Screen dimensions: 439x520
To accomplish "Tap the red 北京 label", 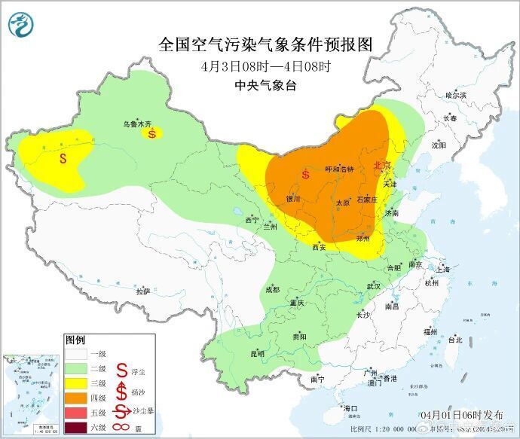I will pyautogui.click(x=383, y=165).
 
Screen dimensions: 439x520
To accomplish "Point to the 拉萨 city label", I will pyautogui.click(x=143, y=291).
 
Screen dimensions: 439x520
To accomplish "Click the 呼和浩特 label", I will pyautogui.click(x=338, y=169).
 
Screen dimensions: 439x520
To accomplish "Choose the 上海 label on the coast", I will pyautogui.click(x=443, y=270).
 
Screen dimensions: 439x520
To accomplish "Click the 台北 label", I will pyautogui.click(x=455, y=340).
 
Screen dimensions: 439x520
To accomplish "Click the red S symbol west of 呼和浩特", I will pyautogui.click(x=305, y=175).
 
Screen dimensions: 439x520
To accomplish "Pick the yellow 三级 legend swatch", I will pyautogui.click(x=75, y=383).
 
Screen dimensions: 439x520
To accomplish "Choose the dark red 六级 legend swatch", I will pyautogui.click(x=75, y=428).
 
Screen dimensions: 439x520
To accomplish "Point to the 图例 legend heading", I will pyautogui.click(x=75, y=340).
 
